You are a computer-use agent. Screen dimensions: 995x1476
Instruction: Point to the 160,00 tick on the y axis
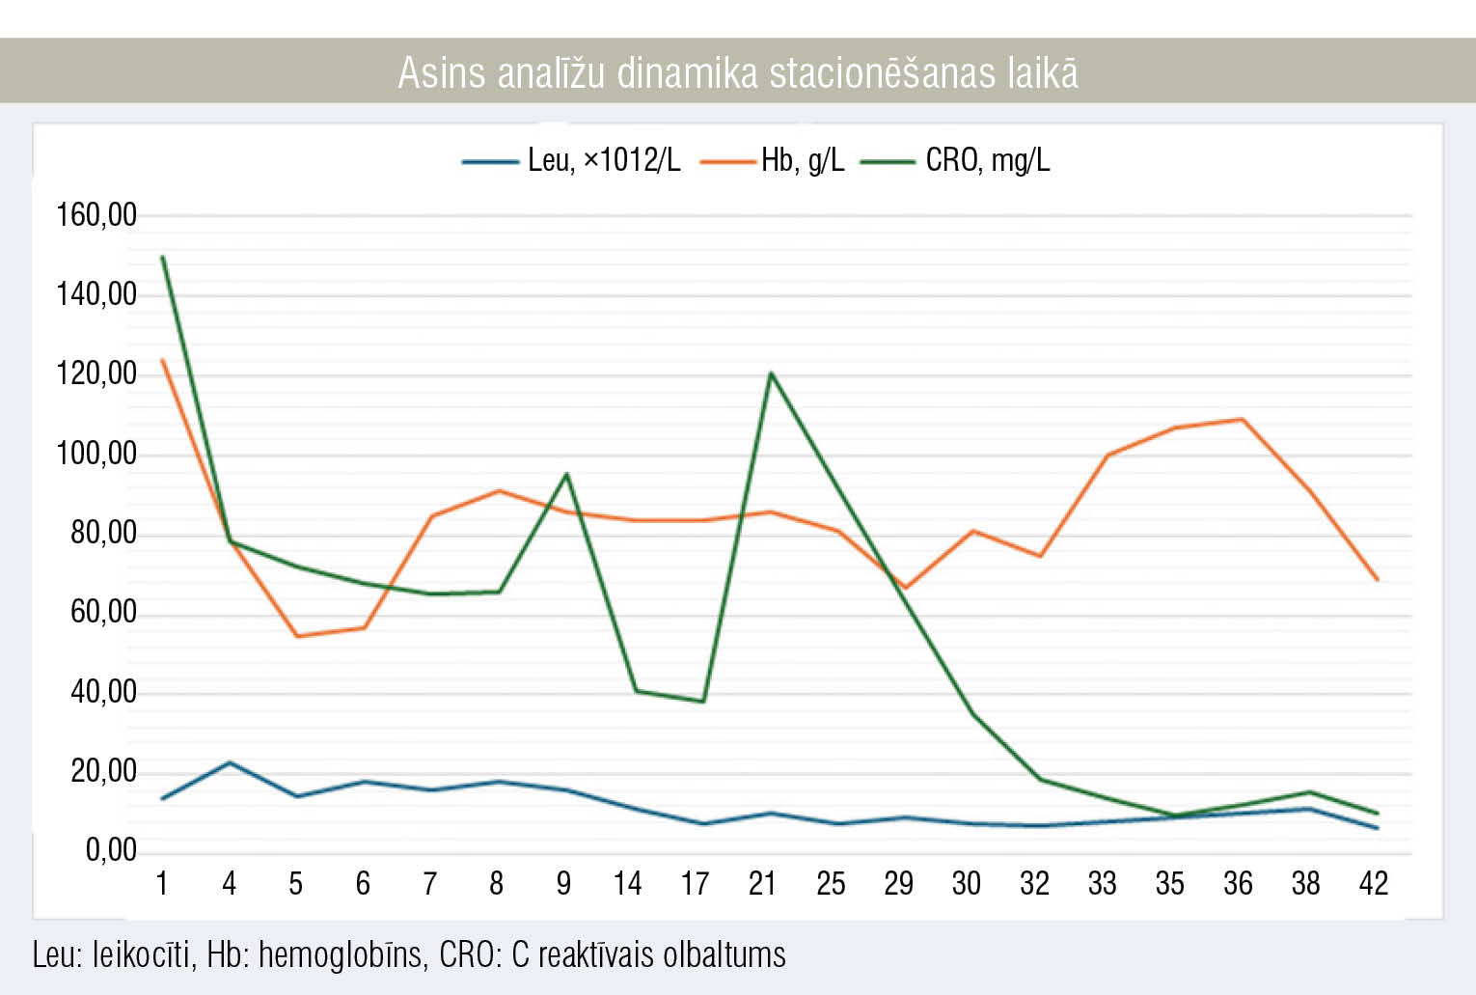click(x=96, y=214)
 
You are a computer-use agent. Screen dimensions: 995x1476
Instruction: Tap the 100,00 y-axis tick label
click(x=96, y=453)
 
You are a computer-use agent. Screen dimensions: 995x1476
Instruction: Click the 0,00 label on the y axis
click(x=111, y=850)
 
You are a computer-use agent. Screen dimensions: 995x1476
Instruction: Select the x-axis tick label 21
click(x=762, y=883)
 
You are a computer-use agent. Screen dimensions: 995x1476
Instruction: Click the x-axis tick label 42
click(x=1373, y=883)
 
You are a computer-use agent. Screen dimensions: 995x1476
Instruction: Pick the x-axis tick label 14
click(x=627, y=883)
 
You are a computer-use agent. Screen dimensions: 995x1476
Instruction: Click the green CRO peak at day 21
click(x=770, y=373)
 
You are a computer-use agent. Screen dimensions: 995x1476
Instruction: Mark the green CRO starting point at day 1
click(x=162, y=258)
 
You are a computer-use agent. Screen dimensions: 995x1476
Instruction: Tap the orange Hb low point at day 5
click(x=296, y=636)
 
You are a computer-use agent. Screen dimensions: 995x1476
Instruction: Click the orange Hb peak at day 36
click(x=1242, y=420)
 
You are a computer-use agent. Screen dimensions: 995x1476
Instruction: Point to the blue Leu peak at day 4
click(x=230, y=762)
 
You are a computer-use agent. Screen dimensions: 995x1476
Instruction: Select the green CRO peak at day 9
click(x=566, y=474)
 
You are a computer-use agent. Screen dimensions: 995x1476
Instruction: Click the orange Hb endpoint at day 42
click(x=1377, y=580)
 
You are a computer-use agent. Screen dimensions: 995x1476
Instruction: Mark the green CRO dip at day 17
click(x=703, y=702)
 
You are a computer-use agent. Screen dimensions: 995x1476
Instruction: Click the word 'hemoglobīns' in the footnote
click(x=341, y=954)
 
